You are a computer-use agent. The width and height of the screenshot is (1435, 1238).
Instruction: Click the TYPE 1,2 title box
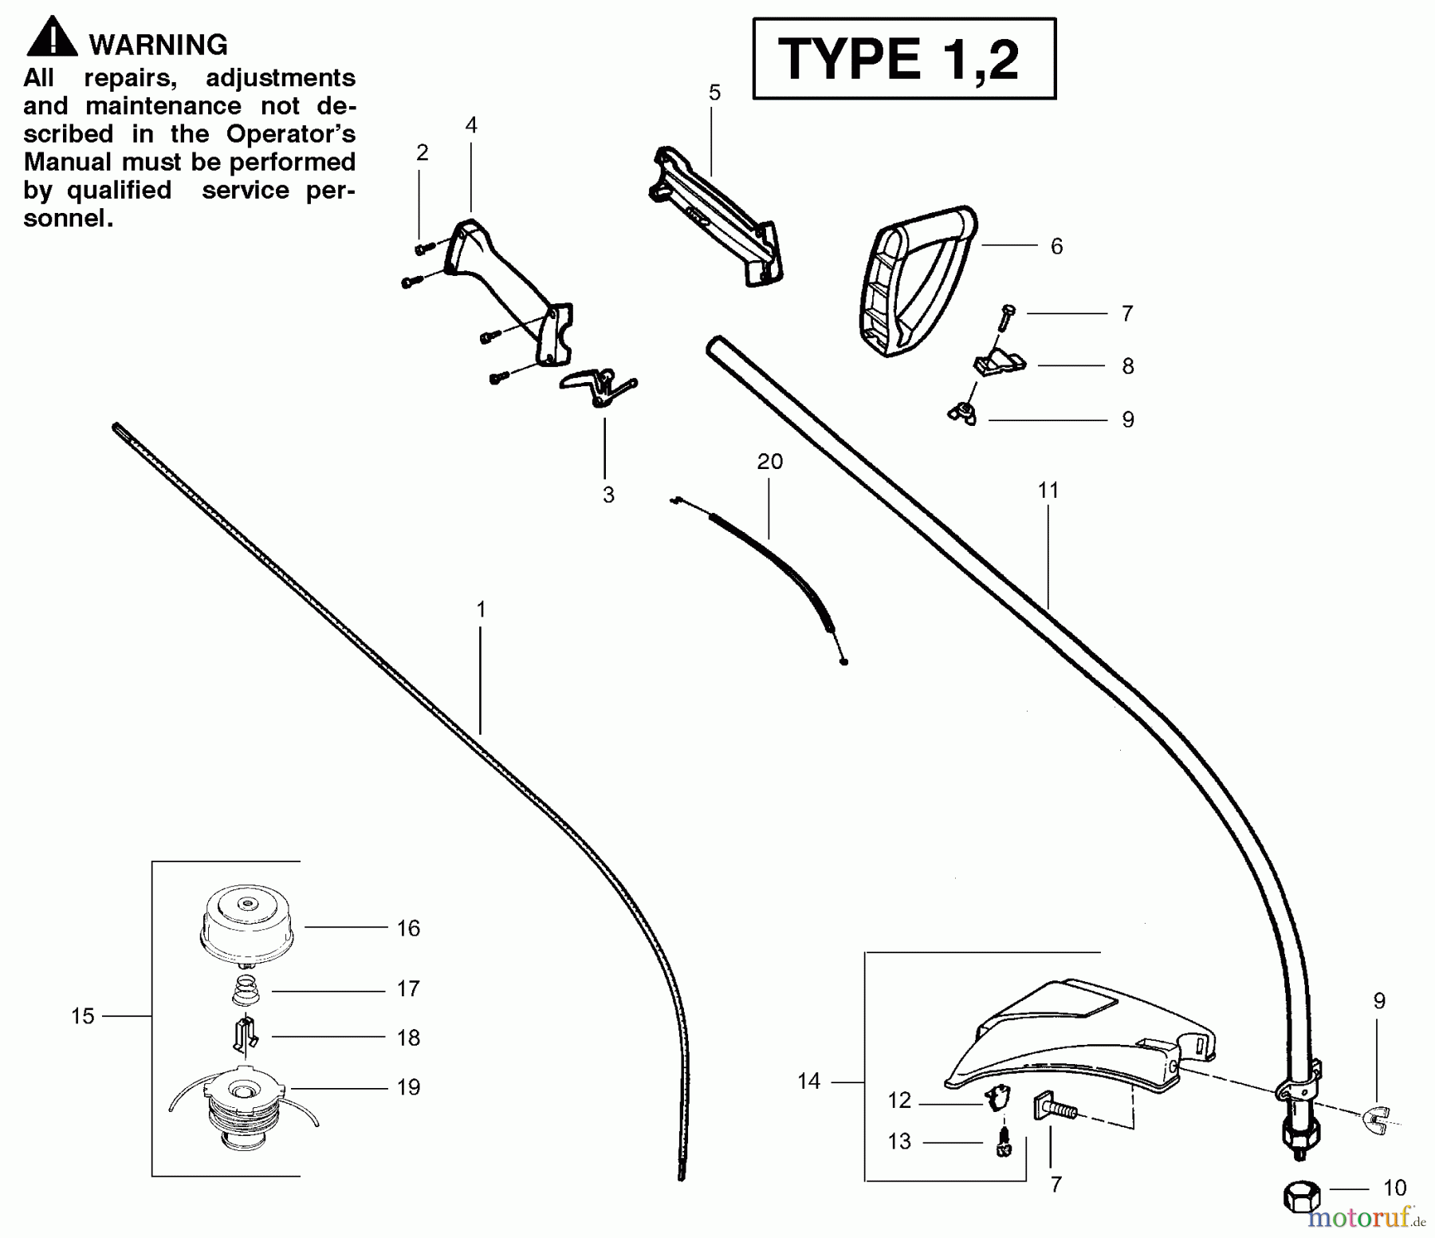tap(904, 58)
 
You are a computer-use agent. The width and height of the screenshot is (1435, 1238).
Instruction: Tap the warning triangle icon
tap(52, 38)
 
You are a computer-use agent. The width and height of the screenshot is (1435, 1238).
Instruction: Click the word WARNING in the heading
tap(158, 45)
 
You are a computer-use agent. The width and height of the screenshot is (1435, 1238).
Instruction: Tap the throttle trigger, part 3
tap(598, 386)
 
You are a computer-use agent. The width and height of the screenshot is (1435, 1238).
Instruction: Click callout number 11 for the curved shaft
tap(1048, 490)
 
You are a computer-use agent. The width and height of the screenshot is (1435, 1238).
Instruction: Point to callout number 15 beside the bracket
tap(83, 1016)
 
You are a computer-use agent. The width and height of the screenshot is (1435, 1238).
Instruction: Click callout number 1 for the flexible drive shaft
tap(481, 609)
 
